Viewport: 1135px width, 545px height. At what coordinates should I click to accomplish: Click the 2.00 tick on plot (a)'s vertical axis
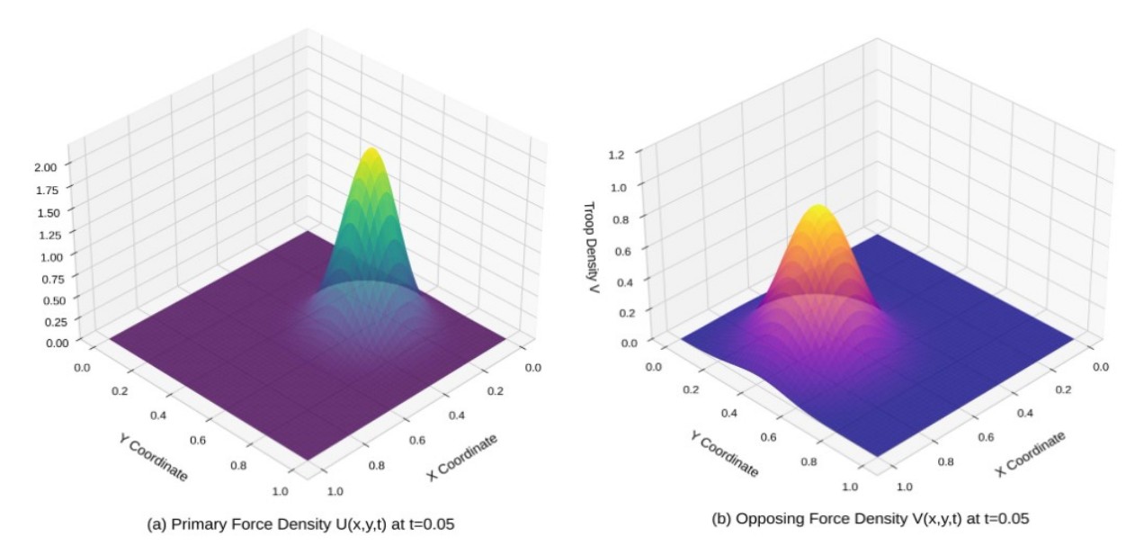click(46, 166)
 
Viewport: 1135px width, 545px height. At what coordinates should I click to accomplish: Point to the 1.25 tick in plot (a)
click(46, 234)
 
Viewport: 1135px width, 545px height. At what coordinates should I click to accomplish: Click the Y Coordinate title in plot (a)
click(153, 458)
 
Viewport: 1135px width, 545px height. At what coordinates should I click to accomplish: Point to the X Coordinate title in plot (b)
click(1031, 452)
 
